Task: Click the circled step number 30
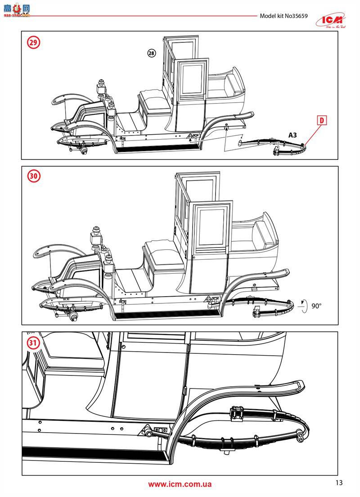coord(33,176)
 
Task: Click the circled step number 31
coord(33,343)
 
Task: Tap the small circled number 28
coord(151,53)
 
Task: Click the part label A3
coord(292,135)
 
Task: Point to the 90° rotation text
coord(316,306)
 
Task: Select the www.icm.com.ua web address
coord(180,484)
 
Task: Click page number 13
coord(339,483)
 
